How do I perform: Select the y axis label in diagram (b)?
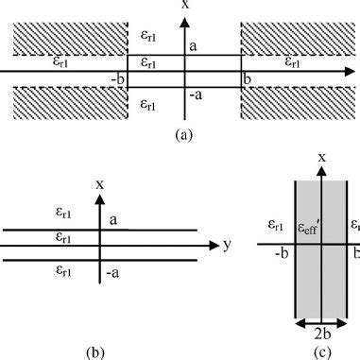click(227, 246)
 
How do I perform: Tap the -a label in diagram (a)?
click(194, 94)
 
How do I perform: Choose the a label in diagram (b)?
click(112, 219)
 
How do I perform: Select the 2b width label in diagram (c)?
click(321, 332)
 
